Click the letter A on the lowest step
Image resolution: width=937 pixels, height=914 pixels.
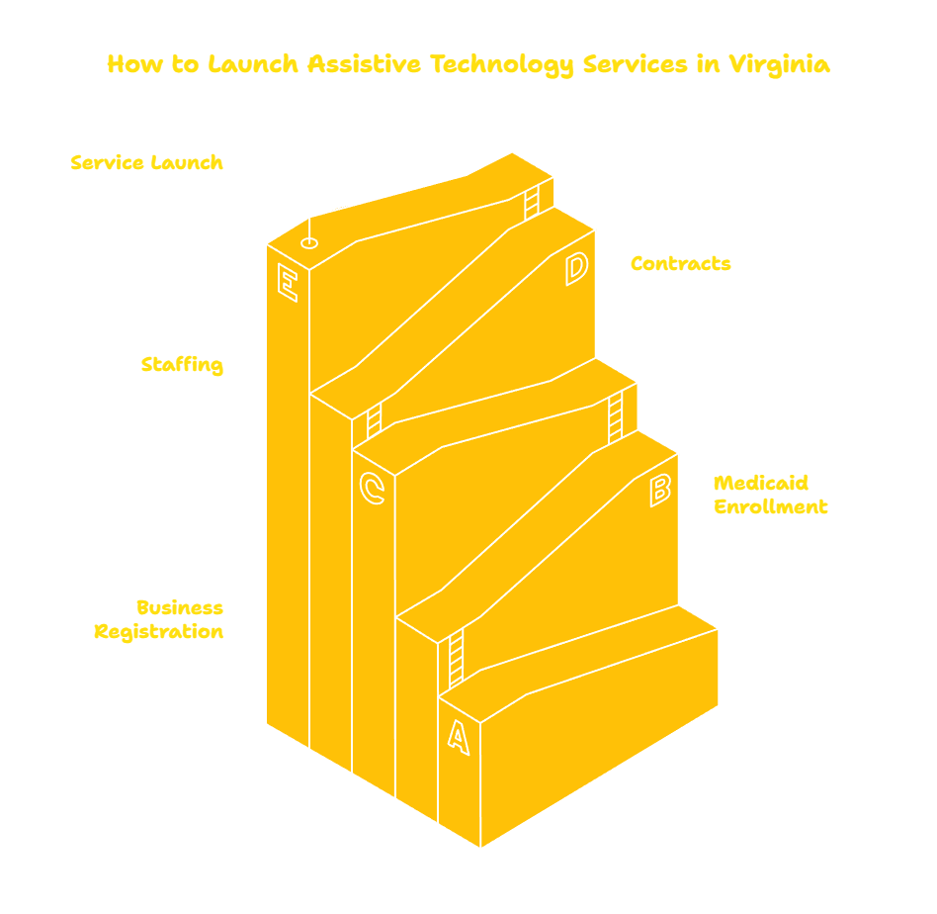pyautogui.click(x=459, y=738)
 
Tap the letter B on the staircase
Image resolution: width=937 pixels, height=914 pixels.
pyautogui.click(x=660, y=491)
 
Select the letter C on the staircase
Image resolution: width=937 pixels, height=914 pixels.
pyautogui.click(x=372, y=488)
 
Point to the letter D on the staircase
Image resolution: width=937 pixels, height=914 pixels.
pyautogui.click(x=576, y=269)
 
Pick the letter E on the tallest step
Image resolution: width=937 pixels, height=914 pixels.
pyautogui.click(x=288, y=282)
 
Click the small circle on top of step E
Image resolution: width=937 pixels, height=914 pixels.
pyautogui.click(x=309, y=243)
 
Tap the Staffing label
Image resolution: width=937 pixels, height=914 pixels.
pyautogui.click(x=182, y=364)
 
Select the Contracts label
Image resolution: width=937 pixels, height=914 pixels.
pyautogui.click(x=681, y=263)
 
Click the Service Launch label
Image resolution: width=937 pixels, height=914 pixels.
pyautogui.click(x=147, y=162)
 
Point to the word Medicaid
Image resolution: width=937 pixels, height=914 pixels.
pyautogui.click(x=761, y=483)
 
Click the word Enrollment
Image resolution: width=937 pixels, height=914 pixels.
pyautogui.click(x=771, y=506)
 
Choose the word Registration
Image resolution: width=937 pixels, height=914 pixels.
pyautogui.click(x=159, y=632)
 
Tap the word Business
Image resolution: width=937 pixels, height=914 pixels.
pyautogui.click(x=180, y=607)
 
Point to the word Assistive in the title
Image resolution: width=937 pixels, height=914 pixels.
pyautogui.click(x=364, y=64)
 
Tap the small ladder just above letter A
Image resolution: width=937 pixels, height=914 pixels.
pyautogui.click(x=456, y=659)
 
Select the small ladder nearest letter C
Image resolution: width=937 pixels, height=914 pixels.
pyautogui.click(x=374, y=421)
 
